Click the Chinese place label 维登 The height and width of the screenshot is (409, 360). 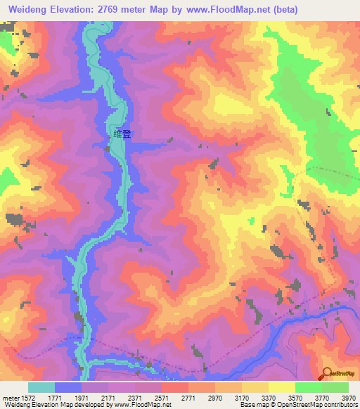(x=122, y=134)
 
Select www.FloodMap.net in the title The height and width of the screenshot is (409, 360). (x=229, y=10)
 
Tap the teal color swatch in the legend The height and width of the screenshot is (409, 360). (x=41, y=387)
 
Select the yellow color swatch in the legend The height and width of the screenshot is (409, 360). (x=281, y=387)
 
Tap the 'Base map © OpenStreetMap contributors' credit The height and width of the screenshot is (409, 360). (x=298, y=404)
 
